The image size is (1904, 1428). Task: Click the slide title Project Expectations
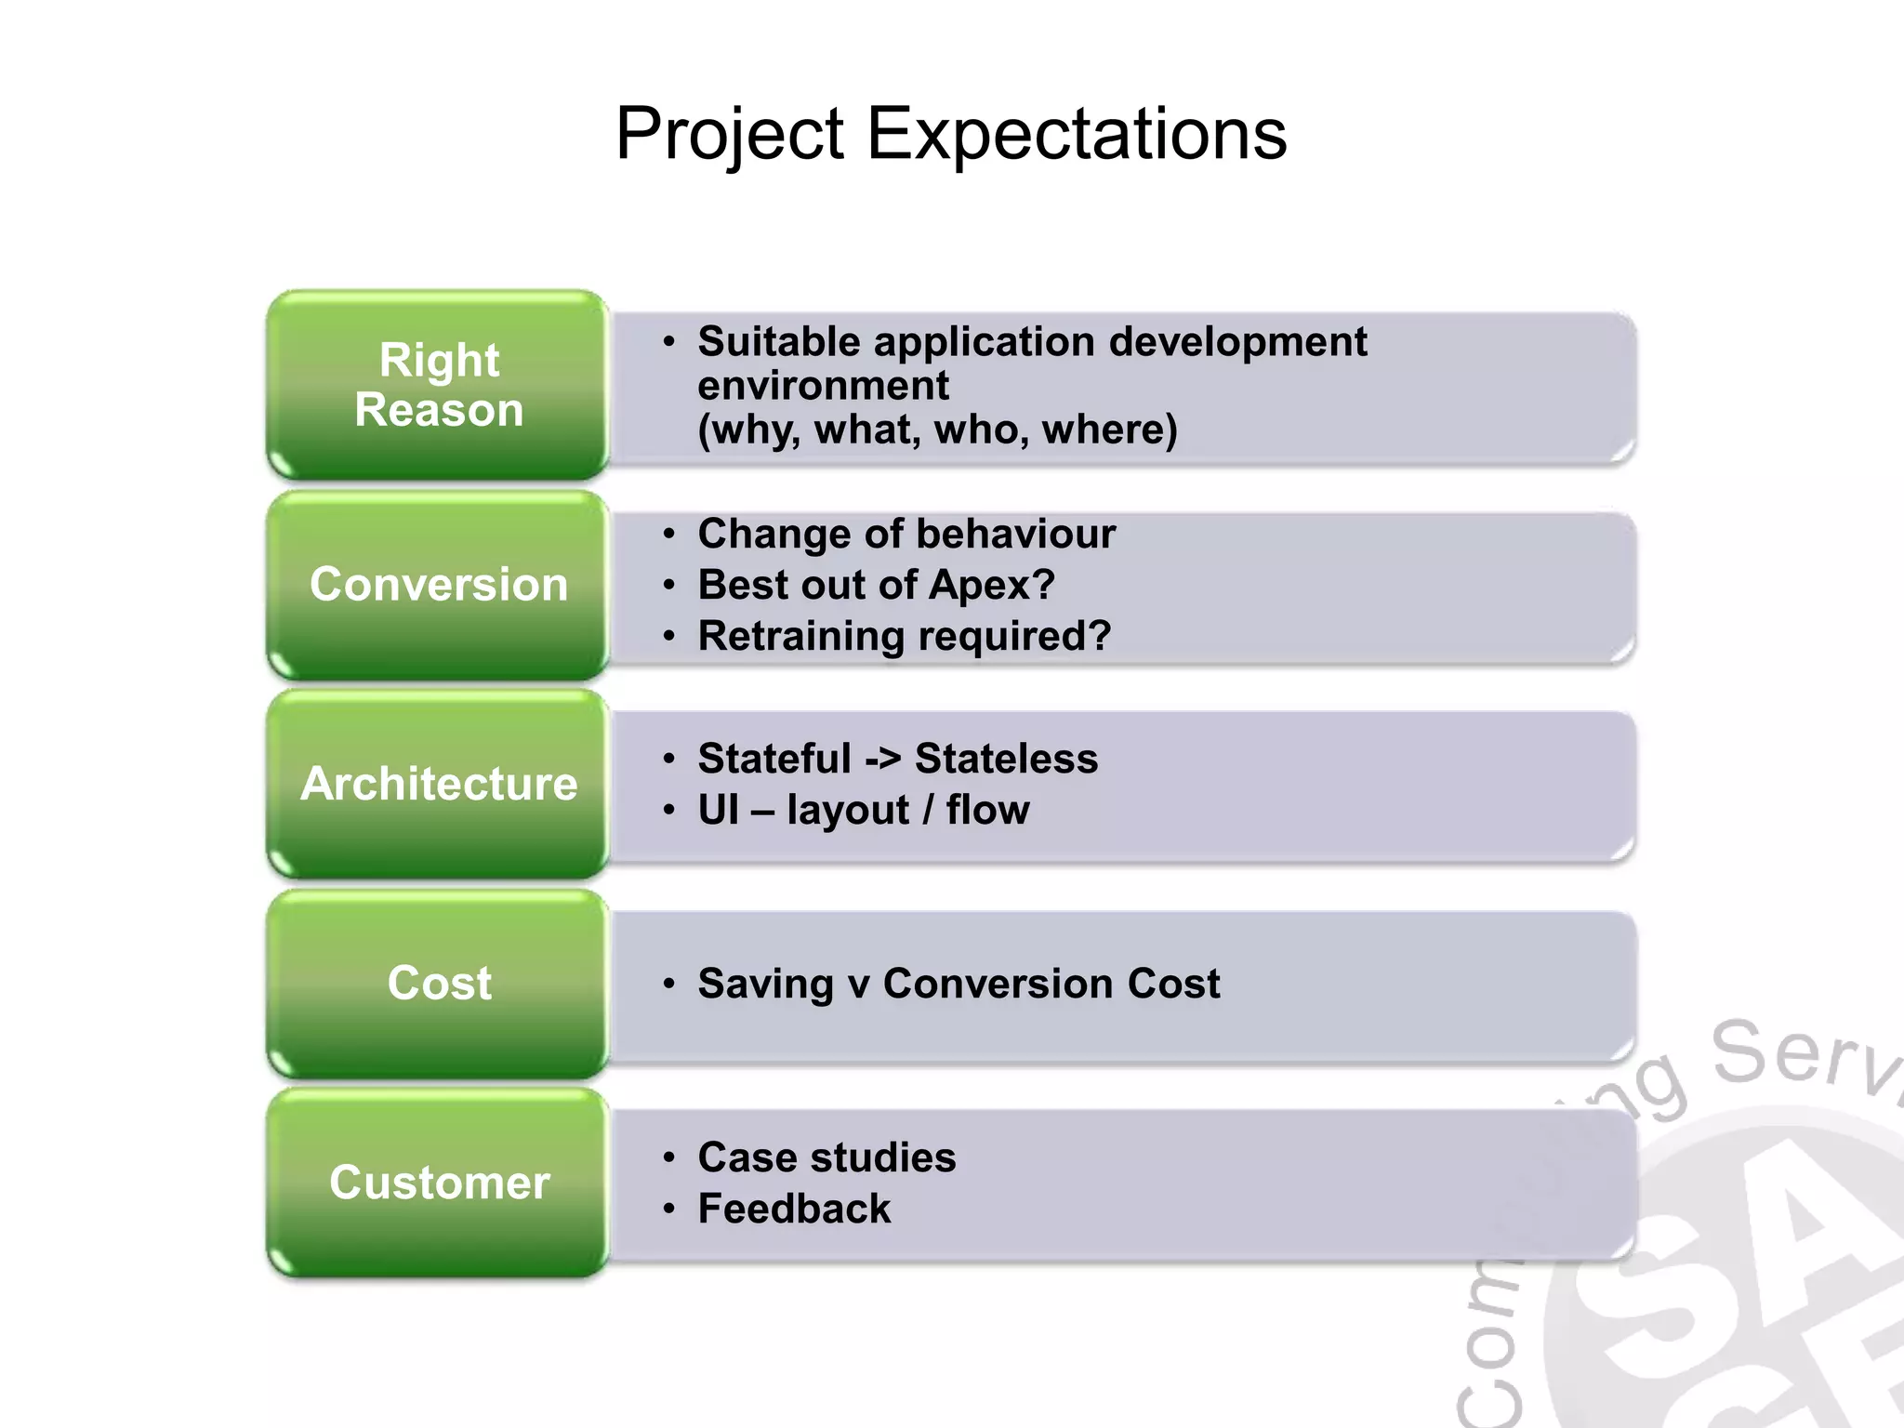[950, 134]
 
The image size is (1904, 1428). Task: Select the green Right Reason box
[439, 385]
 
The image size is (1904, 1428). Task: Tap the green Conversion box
[439, 585]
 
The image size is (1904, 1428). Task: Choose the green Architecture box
[439, 784]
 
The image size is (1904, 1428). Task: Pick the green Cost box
[439, 984]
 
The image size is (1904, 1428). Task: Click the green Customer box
[439, 1183]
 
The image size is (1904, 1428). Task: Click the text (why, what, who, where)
[937, 430]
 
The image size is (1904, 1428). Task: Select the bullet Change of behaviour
[906, 535]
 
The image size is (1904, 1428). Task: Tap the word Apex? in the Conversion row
[991, 586]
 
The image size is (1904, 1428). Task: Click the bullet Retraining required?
[905, 637]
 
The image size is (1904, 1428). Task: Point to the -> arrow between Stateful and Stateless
[882, 759]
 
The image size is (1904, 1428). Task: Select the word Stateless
[1006, 759]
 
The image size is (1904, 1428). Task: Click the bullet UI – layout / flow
[864, 810]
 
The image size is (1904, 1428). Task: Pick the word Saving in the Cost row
[765, 984]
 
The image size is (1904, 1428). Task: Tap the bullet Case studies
[826, 1157]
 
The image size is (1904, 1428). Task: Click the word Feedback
[794, 1209]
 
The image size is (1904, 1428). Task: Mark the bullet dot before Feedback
[668, 1209]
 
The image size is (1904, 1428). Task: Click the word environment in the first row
[823, 386]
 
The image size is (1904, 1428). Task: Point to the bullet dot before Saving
[668, 984]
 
